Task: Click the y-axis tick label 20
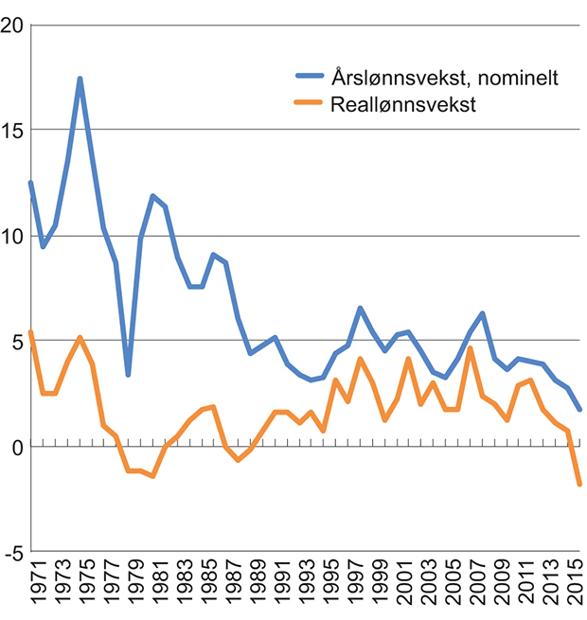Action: (x=12, y=26)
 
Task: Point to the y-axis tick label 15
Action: (x=12, y=130)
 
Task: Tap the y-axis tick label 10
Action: (x=12, y=236)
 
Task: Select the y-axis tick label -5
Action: (x=12, y=551)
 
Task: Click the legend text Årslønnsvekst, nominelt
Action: (x=444, y=79)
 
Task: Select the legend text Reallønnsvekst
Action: (x=402, y=105)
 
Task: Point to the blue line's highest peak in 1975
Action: (x=80, y=79)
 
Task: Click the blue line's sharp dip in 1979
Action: (x=128, y=375)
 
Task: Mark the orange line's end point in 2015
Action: (x=579, y=485)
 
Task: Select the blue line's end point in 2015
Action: (x=579, y=409)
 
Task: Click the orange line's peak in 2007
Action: (x=471, y=348)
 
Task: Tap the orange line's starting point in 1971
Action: (x=31, y=332)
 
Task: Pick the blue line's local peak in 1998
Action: (x=361, y=308)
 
